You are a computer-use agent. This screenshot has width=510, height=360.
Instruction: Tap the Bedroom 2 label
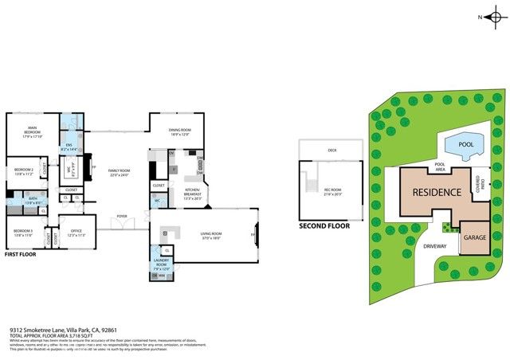click(23, 171)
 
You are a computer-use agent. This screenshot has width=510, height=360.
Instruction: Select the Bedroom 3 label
click(23, 233)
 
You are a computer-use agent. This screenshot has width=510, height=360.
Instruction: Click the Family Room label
click(120, 173)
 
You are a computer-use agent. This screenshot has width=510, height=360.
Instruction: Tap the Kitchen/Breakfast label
click(192, 192)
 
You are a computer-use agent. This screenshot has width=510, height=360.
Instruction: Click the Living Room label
click(211, 235)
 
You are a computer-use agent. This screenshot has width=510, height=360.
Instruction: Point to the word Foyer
click(122, 216)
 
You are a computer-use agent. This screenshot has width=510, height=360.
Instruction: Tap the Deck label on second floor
click(332, 150)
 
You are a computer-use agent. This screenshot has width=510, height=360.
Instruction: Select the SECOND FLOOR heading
click(324, 226)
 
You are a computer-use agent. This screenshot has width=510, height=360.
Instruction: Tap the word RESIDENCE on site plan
click(436, 193)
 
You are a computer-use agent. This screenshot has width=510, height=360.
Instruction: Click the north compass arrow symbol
click(494, 16)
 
